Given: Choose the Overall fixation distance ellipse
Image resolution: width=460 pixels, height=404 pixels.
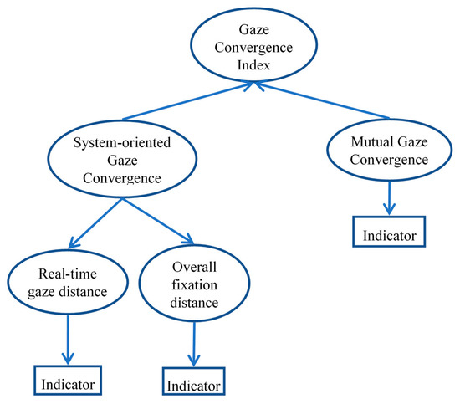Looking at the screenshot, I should coord(194,284).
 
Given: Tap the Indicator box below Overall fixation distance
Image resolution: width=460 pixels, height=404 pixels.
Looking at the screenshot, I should coord(193,386).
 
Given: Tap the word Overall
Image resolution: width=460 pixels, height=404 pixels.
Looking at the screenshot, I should coord(194,265).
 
